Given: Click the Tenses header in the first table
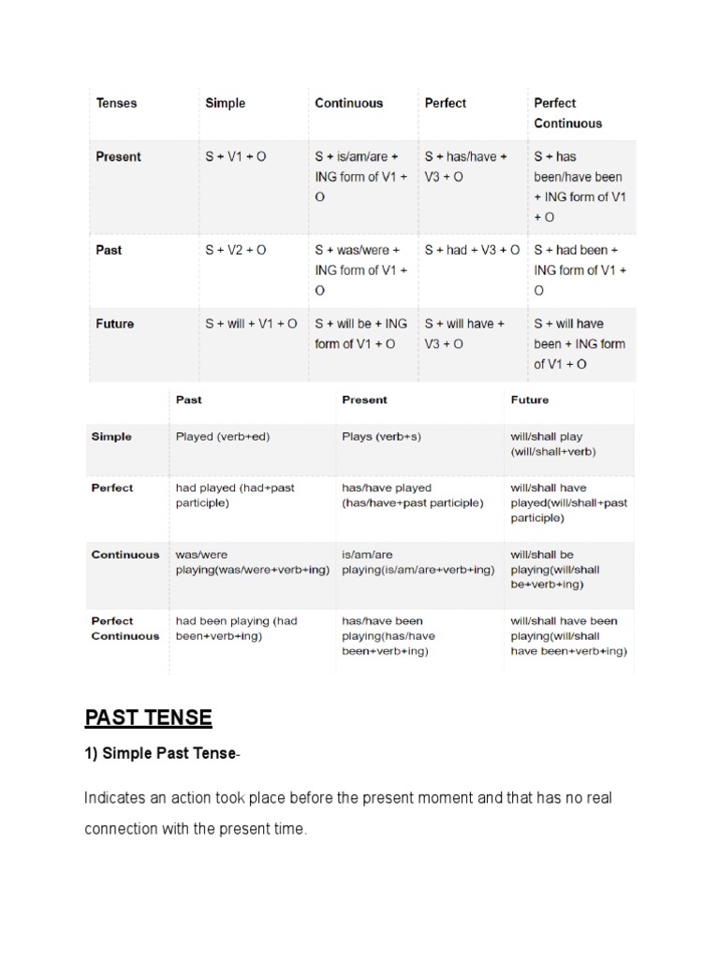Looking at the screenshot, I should [116, 103].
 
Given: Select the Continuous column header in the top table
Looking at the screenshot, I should [348, 103].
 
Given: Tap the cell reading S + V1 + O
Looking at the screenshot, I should [235, 156].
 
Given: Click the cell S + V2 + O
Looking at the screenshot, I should [235, 250].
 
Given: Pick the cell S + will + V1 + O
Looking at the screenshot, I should [251, 324].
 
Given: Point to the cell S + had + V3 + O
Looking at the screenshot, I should [472, 250].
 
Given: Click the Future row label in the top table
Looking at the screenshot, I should [114, 324].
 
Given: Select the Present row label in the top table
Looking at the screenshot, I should [118, 156].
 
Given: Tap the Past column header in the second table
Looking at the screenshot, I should [188, 399].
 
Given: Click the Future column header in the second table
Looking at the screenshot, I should [530, 399].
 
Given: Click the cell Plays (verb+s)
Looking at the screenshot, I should [385, 436].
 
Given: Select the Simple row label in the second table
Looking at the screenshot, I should [111, 436].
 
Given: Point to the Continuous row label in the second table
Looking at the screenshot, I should [125, 554].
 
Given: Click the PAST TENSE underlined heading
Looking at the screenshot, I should [149, 718].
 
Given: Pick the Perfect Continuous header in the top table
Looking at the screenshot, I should [567, 112].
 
